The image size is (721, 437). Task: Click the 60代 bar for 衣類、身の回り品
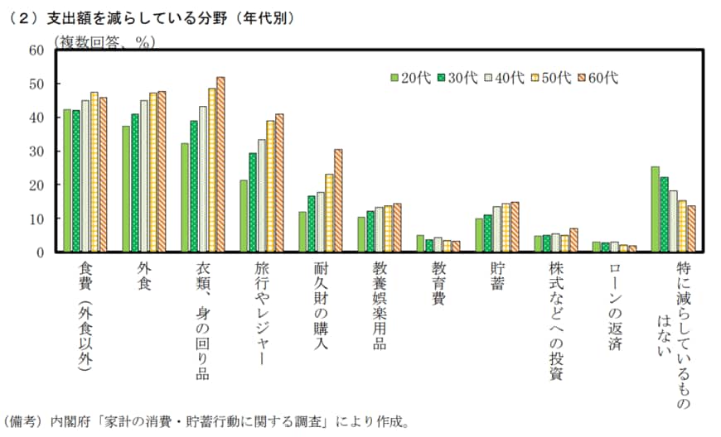tap(220, 165)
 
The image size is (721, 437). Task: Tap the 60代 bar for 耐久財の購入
tap(338, 200)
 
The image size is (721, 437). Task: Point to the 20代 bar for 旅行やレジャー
tap(244, 216)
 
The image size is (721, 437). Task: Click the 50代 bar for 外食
tap(152, 172)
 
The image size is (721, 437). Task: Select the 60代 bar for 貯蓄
tap(515, 227)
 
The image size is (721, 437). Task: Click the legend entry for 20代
tap(410, 78)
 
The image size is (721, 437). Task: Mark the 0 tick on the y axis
tap(39, 252)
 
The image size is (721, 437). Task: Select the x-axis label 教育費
tap(439, 284)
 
